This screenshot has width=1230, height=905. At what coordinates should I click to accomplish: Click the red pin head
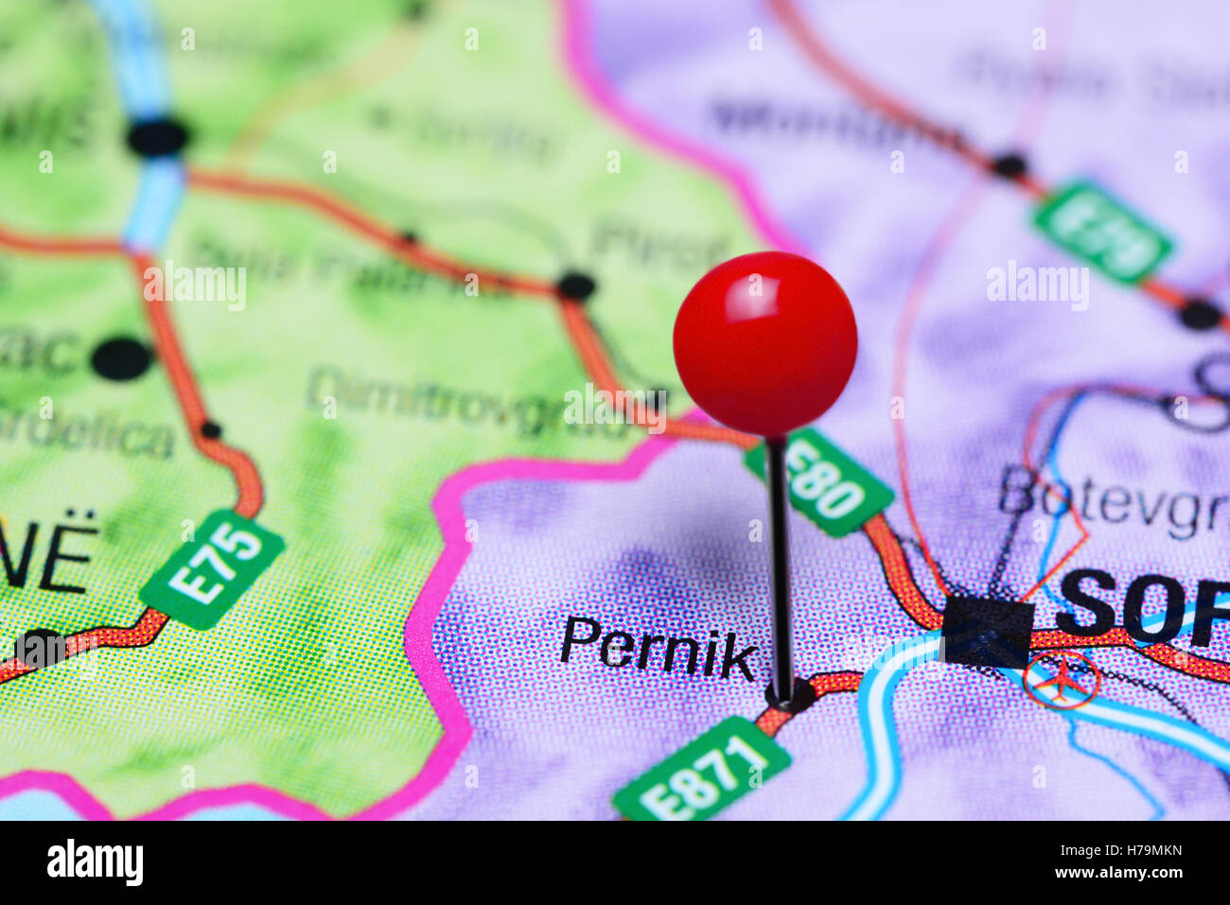click(x=764, y=343)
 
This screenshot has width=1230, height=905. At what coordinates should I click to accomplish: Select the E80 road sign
click(x=819, y=481)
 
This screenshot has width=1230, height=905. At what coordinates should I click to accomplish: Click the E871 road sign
click(x=701, y=769)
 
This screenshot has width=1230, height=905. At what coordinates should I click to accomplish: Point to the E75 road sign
click(x=212, y=569)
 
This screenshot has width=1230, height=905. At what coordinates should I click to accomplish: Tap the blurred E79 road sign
click(x=1102, y=232)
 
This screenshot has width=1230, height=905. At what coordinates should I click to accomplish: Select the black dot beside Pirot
click(x=575, y=285)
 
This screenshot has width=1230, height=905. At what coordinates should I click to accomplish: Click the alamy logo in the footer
click(x=95, y=862)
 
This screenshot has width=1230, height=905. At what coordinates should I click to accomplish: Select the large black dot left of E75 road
click(x=122, y=358)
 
